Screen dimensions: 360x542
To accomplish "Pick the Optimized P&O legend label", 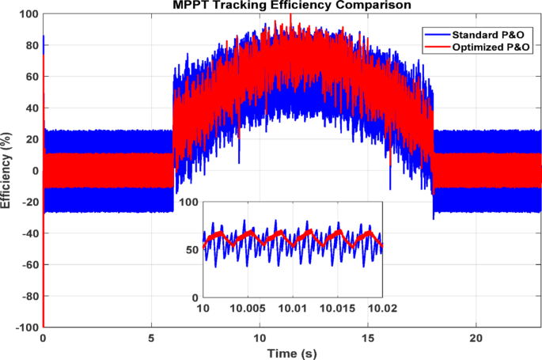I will (488, 48).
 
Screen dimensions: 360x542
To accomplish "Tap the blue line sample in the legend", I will (435, 36).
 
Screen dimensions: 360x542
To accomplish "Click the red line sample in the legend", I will (435, 48).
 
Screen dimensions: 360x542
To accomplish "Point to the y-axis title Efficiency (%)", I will (7, 171).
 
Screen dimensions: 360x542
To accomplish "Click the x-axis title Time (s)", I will (292, 352).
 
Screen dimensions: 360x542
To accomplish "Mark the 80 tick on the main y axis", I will (31, 46).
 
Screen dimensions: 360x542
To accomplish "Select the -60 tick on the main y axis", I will (28, 265).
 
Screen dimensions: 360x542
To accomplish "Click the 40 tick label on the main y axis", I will (31, 108).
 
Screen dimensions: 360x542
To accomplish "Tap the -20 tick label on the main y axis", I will (28, 203).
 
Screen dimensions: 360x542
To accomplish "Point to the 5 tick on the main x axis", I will (151, 337).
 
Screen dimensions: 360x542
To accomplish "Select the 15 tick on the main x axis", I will (368, 337).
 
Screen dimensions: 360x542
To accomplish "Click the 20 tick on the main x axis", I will (476, 337).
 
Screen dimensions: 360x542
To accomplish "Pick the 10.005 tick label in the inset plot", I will (248, 307).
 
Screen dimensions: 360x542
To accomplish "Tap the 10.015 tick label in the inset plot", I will (338, 307).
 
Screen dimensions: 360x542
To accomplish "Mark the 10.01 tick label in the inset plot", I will (293, 307).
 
